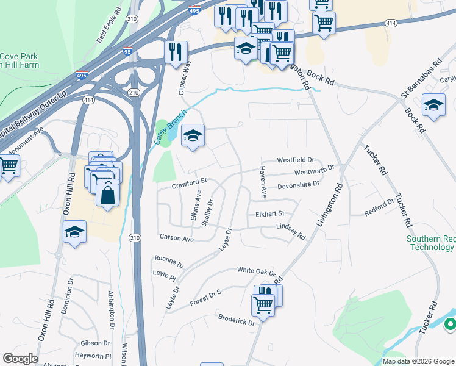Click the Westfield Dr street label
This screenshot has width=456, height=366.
[x=295, y=160]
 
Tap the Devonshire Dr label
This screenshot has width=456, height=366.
[x=299, y=185]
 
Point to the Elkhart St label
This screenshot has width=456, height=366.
[x=270, y=214]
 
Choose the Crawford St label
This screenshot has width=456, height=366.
[x=190, y=181]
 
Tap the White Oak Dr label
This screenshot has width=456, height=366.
[x=256, y=271]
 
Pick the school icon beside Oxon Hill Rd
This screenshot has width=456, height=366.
[x=74, y=231]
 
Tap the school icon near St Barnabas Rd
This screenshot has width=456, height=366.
[x=433, y=106]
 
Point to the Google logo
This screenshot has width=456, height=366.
[x=20, y=359]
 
